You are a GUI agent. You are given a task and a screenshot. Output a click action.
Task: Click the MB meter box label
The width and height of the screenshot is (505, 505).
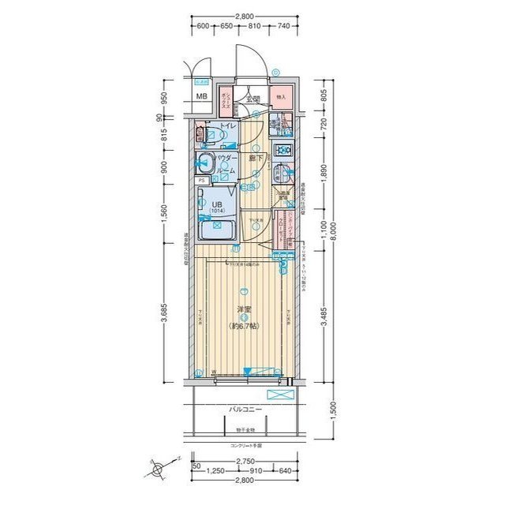coord(202,97)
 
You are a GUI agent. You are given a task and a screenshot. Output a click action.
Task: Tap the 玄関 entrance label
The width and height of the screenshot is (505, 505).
coord(252,99)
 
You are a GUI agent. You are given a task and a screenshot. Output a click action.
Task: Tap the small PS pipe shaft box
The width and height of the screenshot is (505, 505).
coord(202,180)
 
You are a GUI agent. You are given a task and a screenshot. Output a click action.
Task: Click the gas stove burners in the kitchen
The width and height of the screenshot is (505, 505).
coord(283,150)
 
